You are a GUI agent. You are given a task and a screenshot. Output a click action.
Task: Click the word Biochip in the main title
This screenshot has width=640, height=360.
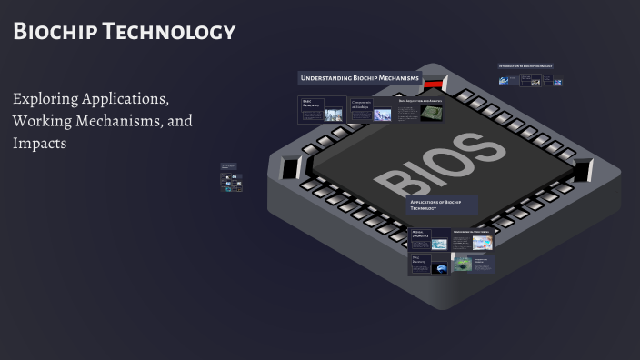54,32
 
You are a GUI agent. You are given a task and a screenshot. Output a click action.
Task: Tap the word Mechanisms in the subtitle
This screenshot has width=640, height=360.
117,120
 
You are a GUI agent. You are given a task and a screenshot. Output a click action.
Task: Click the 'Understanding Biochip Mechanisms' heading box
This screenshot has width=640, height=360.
360,78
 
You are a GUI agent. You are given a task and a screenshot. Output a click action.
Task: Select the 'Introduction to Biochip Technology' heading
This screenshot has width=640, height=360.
525,66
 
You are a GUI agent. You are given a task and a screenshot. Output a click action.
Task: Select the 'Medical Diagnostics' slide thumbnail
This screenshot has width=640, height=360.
428,239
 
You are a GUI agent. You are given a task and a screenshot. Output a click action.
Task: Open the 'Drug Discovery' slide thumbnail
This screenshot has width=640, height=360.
428,264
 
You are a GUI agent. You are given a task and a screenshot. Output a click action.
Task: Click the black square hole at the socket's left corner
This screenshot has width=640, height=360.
292,168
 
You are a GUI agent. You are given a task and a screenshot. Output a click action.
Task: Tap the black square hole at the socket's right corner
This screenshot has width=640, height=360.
582,168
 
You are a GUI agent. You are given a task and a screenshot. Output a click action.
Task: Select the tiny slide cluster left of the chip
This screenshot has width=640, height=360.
232,177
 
